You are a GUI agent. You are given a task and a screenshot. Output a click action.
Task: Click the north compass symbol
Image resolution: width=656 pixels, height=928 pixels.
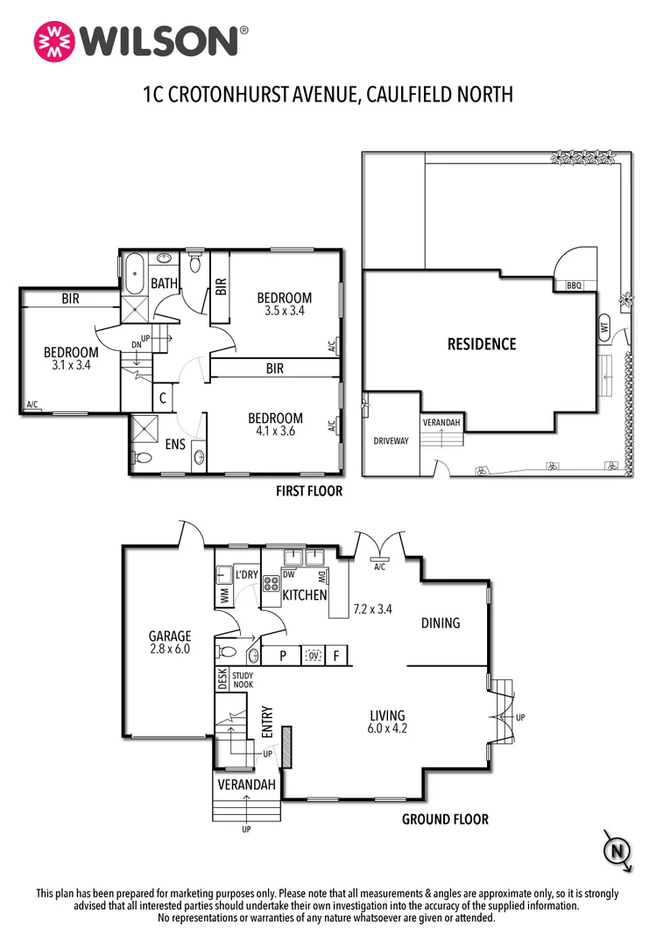pyautogui.click(x=617, y=851)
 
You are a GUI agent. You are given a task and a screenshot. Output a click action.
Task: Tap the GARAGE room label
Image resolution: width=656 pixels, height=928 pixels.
pyautogui.click(x=169, y=636)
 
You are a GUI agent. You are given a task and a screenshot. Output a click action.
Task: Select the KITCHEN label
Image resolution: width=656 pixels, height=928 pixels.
pyautogui.click(x=304, y=595)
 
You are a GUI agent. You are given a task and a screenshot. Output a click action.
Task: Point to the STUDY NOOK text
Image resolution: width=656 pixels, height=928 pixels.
pyautogui.click(x=243, y=679)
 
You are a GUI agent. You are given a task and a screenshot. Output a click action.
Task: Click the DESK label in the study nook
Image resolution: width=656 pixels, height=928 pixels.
pyautogui.click(x=222, y=680)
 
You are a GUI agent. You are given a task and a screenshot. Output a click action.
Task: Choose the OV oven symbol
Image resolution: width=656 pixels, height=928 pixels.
pyautogui.click(x=313, y=656)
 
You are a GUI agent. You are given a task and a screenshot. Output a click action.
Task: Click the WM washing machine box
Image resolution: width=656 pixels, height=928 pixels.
pyautogui.click(x=224, y=595)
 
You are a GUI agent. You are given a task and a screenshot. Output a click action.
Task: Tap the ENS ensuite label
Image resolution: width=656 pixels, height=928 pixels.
pyautogui.click(x=175, y=445)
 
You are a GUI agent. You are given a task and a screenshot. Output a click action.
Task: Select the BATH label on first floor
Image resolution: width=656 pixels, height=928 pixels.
pyautogui.click(x=165, y=283)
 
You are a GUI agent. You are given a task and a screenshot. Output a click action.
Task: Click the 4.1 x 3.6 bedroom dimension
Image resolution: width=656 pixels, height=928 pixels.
pyautogui.click(x=275, y=432)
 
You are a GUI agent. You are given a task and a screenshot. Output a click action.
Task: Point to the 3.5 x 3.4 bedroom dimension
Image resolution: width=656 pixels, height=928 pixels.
pyautogui.click(x=285, y=311)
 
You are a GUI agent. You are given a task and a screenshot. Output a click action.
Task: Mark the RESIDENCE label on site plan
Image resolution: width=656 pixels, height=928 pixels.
pyautogui.click(x=482, y=344)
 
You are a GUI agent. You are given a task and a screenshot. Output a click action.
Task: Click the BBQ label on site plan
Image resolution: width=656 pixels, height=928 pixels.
pyautogui.click(x=575, y=285)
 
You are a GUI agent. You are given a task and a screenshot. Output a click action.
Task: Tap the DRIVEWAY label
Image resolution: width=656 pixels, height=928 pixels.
pyautogui.click(x=391, y=441)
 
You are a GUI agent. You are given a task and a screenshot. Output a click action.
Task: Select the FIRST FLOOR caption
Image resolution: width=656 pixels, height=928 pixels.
pyautogui.click(x=309, y=492)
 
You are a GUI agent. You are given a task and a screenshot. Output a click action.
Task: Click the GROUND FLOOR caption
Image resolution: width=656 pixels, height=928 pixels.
pyautogui.click(x=445, y=819)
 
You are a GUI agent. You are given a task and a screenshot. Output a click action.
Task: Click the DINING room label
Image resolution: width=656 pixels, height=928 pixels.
pyautogui.click(x=440, y=623)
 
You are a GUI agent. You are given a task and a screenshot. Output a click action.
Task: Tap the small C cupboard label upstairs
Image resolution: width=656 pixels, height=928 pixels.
pyautogui.click(x=163, y=397)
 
